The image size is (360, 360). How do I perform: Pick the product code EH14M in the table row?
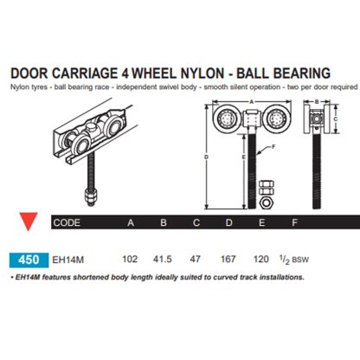pyautogui.click(x=67, y=257)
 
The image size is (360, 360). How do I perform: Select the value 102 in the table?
pyautogui.click(x=132, y=257)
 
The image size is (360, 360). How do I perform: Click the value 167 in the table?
pyautogui.click(x=229, y=257)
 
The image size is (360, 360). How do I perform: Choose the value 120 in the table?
pyautogui.click(x=261, y=257)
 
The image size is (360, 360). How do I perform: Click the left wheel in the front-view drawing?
pyautogui.click(x=221, y=119)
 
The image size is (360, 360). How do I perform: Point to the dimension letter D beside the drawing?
pyautogui.click(x=205, y=157)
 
